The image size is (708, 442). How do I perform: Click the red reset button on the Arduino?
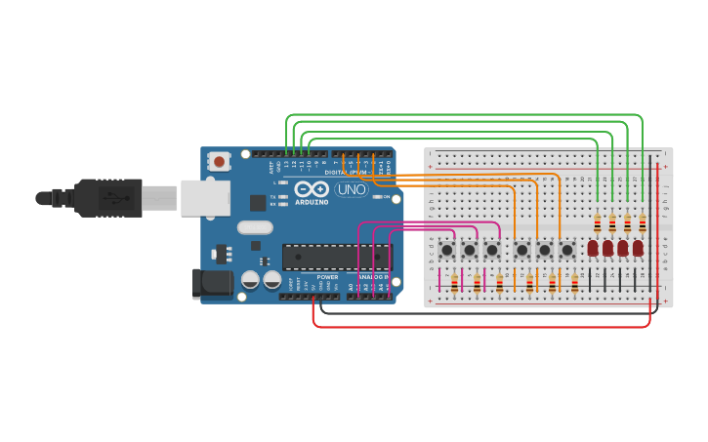point(220,161)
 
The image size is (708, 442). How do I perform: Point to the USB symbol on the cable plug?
point(108,198)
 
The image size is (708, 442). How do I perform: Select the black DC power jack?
point(212,283)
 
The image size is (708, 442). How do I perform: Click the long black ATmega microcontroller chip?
point(336,257)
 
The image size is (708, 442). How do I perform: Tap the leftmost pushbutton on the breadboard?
point(447,250)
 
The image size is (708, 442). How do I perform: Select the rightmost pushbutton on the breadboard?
point(567,250)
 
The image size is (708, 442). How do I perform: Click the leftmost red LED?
point(593,248)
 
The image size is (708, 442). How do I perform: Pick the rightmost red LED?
point(638,248)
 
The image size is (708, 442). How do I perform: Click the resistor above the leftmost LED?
point(598,223)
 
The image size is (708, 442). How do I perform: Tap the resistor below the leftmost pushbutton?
point(454,283)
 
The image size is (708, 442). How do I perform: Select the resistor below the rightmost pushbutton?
point(574,283)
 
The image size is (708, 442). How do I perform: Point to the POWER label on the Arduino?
point(326,276)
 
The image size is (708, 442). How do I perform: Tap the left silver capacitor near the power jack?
point(250,280)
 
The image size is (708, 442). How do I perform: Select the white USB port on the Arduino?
point(205,198)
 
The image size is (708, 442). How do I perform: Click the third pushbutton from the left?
point(492,250)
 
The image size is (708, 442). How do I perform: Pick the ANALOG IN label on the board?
point(372,277)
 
